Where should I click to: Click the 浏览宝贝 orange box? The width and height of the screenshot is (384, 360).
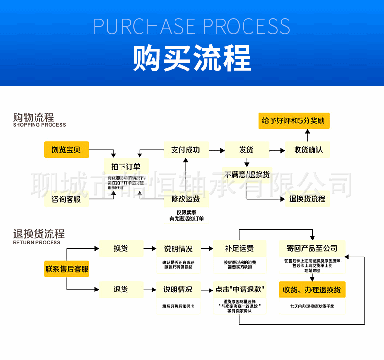tap(67, 150)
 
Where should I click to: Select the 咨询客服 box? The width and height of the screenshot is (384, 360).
tap(67, 199)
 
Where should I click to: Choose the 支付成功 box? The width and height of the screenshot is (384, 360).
tap(185, 150)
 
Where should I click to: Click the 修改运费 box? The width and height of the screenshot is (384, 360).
tap(185, 199)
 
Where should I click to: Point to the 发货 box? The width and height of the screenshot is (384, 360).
tap(246, 150)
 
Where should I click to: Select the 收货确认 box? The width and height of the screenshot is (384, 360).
tap(308, 150)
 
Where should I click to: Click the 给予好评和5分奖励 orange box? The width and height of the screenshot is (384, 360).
tap(293, 120)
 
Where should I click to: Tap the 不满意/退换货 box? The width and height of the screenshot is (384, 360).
tap(247, 174)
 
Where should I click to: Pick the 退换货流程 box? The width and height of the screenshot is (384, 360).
tap(307, 199)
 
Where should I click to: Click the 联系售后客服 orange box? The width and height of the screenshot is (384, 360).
tap(67, 269)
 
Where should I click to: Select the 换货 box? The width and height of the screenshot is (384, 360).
tap(121, 249)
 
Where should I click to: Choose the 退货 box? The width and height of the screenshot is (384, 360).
tap(121, 290)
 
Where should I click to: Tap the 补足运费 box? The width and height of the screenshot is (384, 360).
tap(239, 249)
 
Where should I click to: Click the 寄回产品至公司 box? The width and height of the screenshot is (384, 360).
tap(312, 249)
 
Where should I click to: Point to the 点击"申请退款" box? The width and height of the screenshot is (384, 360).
tap(240, 290)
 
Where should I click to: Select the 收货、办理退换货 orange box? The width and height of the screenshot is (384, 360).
tap(312, 290)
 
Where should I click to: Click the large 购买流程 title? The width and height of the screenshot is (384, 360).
tap(192, 58)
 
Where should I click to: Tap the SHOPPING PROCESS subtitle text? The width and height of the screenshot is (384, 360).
tap(39, 125)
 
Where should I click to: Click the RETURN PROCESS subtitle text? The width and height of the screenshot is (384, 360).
tap(37, 242)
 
